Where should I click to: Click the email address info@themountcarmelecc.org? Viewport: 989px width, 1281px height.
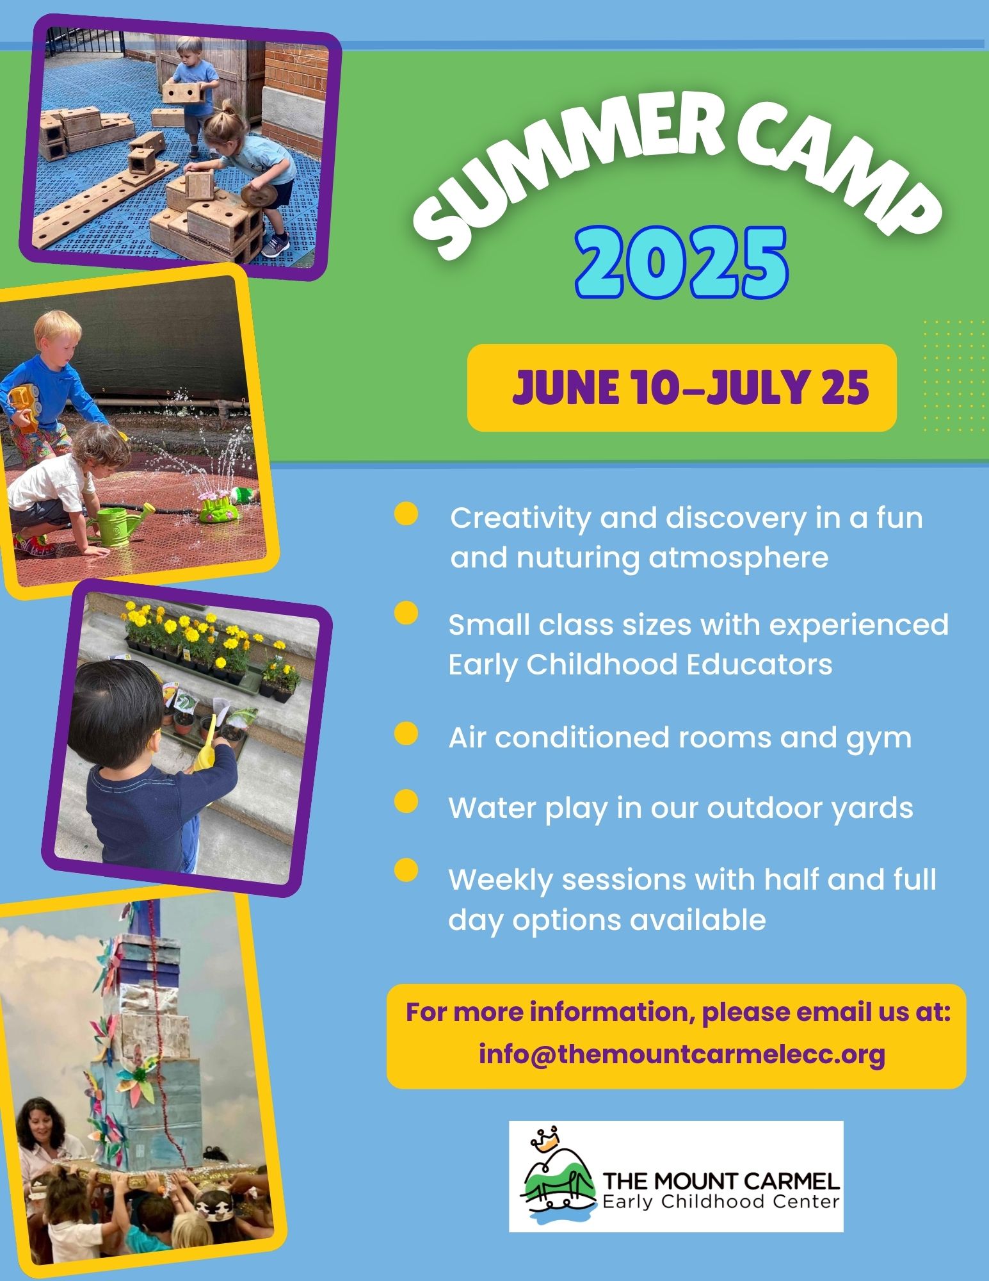click(682, 1054)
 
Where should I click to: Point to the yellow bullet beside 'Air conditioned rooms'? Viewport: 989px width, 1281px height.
click(406, 733)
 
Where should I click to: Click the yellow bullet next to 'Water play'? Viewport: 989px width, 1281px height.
click(406, 801)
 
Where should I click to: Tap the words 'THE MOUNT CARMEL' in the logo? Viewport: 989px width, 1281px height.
click(721, 1180)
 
